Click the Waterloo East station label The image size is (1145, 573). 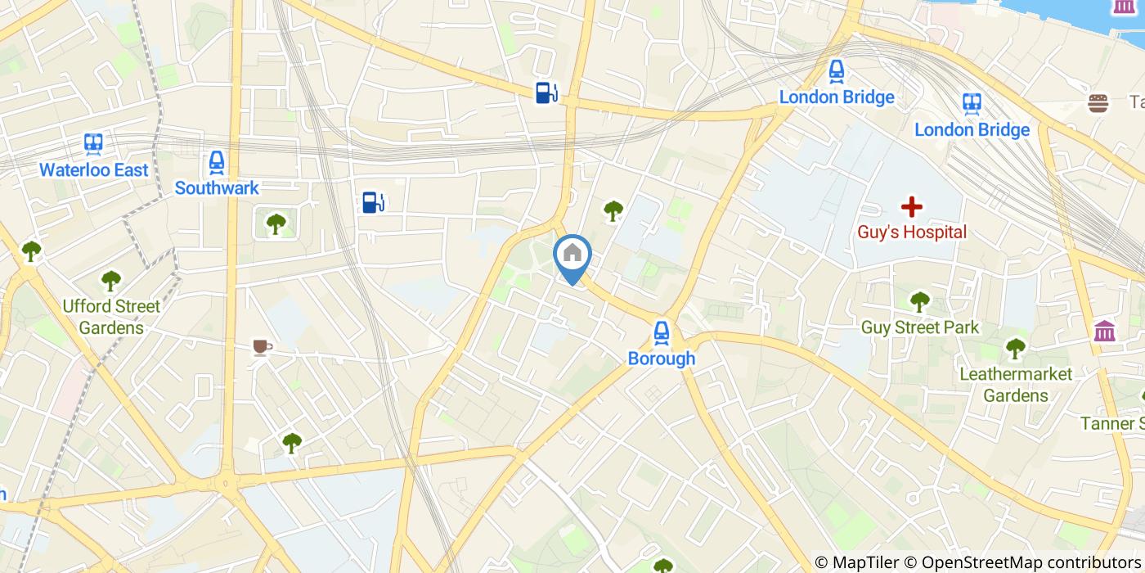click(94, 170)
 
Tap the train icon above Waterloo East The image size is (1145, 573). click(93, 145)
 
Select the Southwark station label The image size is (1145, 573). click(217, 188)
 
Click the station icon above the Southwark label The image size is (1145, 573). click(217, 162)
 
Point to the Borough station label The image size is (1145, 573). click(662, 359)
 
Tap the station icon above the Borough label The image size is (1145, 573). click(662, 332)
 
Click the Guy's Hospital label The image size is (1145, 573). click(912, 232)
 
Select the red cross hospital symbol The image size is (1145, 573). click(911, 207)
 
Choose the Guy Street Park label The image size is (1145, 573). click(920, 328)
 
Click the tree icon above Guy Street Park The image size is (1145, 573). click(920, 302)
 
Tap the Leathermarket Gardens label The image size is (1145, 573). click(1016, 385)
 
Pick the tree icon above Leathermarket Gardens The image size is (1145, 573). click(1016, 349)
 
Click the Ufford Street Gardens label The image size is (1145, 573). click(111, 317)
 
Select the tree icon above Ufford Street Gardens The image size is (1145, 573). click(111, 281)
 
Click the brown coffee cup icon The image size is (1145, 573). click(262, 348)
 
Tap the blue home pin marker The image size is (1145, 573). click(572, 255)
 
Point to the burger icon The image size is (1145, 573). click(1098, 103)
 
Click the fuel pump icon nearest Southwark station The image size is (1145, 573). click(373, 201)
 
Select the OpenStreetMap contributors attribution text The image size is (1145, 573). click(1033, 562)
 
